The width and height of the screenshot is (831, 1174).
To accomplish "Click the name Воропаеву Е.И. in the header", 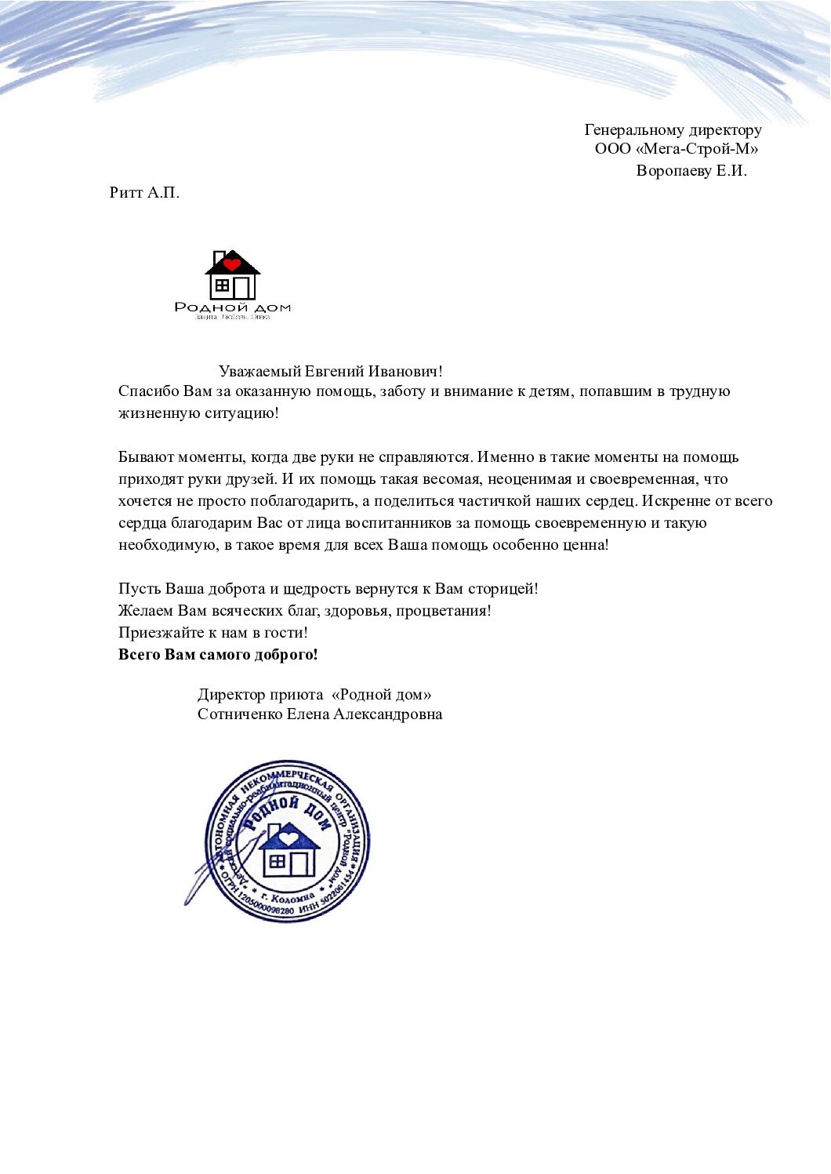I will [691, 171].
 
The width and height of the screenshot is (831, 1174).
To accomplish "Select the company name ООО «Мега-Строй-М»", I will [677, 149].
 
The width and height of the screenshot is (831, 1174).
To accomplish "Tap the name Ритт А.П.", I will [144, 193].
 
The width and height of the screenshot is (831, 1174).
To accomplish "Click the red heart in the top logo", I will [232, 264].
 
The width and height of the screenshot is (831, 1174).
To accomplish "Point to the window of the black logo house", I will [222, 285].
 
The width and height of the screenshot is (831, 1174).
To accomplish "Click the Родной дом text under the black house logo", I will [232, 307].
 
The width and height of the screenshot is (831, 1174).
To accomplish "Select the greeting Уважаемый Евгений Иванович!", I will [331, 372].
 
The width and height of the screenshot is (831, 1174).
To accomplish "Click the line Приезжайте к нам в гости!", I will [213, 633].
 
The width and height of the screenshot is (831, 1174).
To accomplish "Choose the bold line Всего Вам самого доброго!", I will [218, 655].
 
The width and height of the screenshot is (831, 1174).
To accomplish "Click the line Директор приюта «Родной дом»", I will [314, 695].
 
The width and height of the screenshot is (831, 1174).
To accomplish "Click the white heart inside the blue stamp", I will [289, 837].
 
